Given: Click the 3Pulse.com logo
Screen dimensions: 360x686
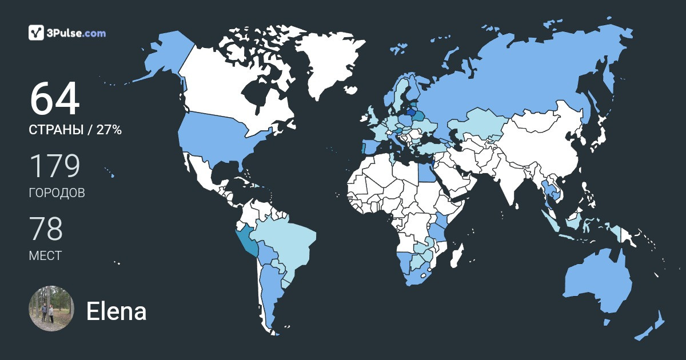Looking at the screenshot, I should [67, 33].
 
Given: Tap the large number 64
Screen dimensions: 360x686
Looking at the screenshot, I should [54, 99].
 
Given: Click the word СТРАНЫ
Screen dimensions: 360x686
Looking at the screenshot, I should [54, 130].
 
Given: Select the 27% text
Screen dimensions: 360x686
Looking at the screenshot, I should [109, 130].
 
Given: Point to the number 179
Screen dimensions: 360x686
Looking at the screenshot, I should [54, 166].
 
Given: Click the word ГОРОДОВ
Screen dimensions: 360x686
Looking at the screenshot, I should [57, 193].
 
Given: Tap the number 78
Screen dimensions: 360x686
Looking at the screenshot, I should [46, 229].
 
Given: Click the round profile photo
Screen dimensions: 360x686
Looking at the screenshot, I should [51, 309].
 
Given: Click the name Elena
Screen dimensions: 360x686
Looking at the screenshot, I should [116, 311].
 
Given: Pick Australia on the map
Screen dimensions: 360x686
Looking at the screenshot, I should [597, 283].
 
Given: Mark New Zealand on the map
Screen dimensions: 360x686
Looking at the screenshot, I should [652, 329].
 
